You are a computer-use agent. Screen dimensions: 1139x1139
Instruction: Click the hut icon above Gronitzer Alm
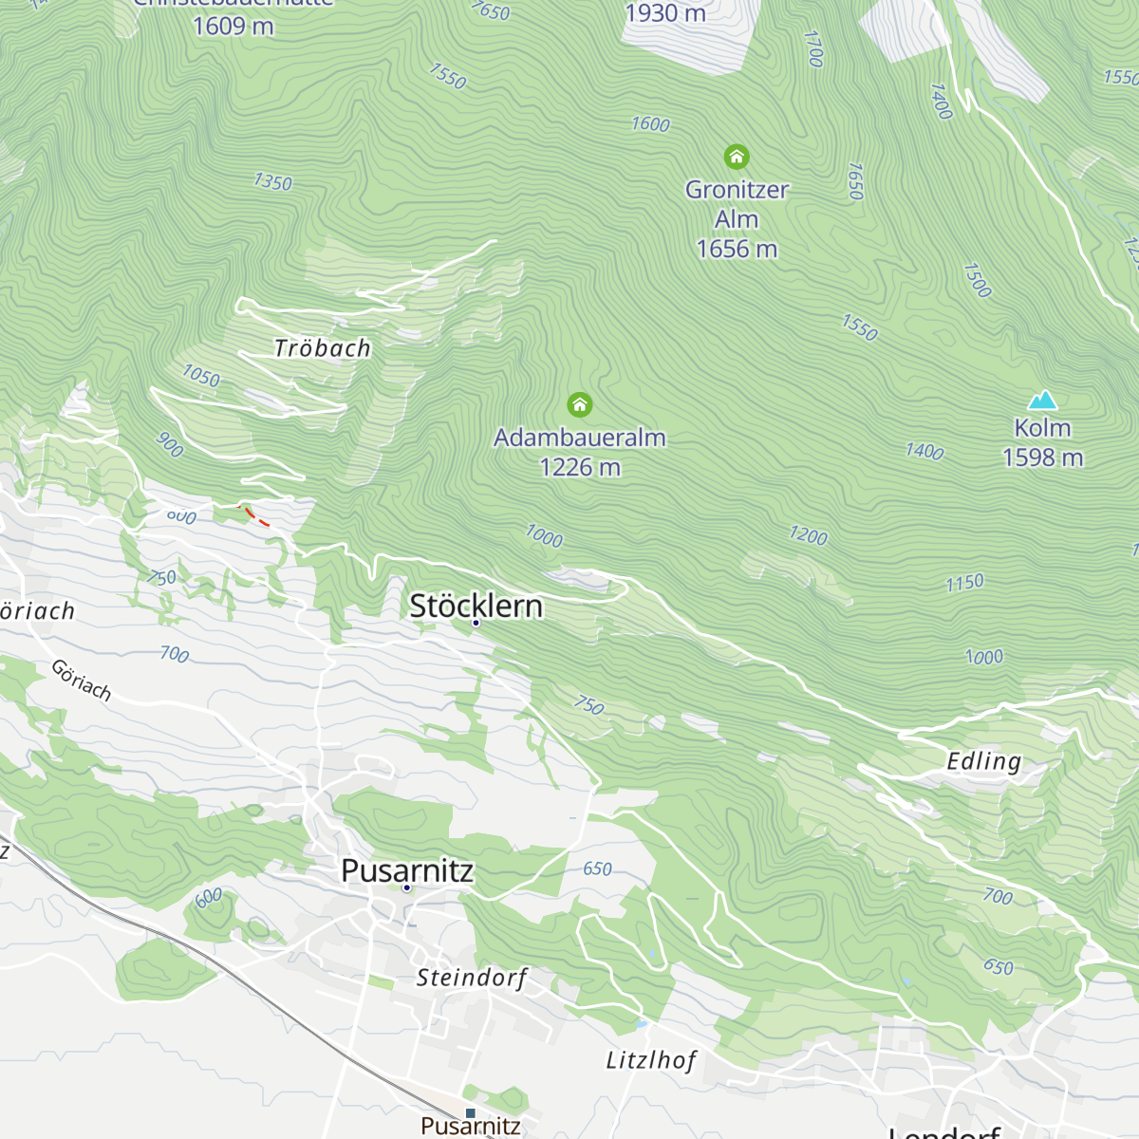737,157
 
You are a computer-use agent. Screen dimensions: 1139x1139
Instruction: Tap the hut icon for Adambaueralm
580,405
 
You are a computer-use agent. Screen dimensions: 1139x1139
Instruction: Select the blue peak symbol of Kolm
1042,401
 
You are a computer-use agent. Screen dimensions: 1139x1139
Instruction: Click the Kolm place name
1042,428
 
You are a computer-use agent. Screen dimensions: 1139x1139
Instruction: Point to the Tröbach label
323,348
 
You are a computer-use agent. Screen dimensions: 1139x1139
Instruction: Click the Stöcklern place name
476,606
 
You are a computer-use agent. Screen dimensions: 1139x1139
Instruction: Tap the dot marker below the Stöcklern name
476,623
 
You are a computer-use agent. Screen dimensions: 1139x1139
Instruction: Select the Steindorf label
471,978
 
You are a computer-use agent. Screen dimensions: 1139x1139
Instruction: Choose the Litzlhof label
651,1060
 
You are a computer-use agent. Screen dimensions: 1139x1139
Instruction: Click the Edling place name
984,761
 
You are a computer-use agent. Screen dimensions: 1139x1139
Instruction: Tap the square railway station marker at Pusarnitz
470,1112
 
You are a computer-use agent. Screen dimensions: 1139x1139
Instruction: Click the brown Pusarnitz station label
471,1127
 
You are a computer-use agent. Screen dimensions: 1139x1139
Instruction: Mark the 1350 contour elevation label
272,181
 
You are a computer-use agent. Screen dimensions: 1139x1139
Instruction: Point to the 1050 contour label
201,376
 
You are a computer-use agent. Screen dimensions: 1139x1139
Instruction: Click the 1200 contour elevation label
808,535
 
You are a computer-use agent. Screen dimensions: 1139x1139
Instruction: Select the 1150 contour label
964,583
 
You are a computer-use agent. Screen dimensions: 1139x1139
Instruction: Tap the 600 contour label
209,897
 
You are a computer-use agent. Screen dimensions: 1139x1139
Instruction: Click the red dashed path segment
256,516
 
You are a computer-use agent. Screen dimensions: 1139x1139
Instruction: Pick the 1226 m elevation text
580,467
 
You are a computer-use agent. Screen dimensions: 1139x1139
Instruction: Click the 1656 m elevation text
737,249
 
